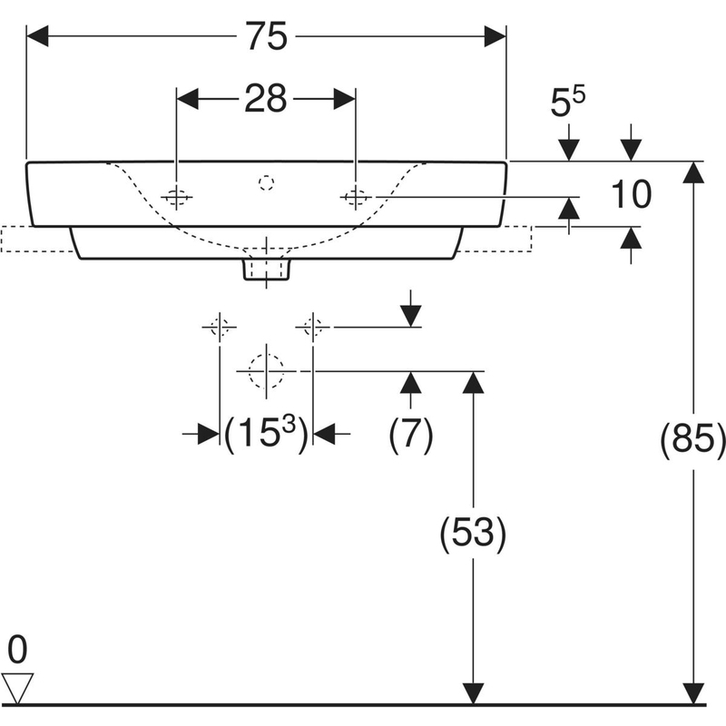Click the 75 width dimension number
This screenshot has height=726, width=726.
(x=265, y=37)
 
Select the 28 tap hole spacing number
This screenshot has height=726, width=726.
(x=265, y=98)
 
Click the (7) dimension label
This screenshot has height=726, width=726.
(x=411, y=437)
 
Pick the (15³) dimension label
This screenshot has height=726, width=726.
(x=266, y=435)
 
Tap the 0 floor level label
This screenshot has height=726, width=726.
(x=18, y=649)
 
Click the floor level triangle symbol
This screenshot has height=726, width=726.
(x=18, y=685)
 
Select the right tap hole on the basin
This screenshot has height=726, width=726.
(x=355, y=196)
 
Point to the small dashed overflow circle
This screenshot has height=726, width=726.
(x=266, y=183)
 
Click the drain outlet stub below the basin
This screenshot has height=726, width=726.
(x=266, y=269)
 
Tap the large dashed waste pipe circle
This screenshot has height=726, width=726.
(x=266, y=370)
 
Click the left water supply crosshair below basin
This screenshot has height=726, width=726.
(x=220, y=326)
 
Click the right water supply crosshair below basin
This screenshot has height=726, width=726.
(x=312, y=326)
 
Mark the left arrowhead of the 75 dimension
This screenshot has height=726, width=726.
(x=38, y=37)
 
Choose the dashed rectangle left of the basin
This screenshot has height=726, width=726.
(x=36, y=238)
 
